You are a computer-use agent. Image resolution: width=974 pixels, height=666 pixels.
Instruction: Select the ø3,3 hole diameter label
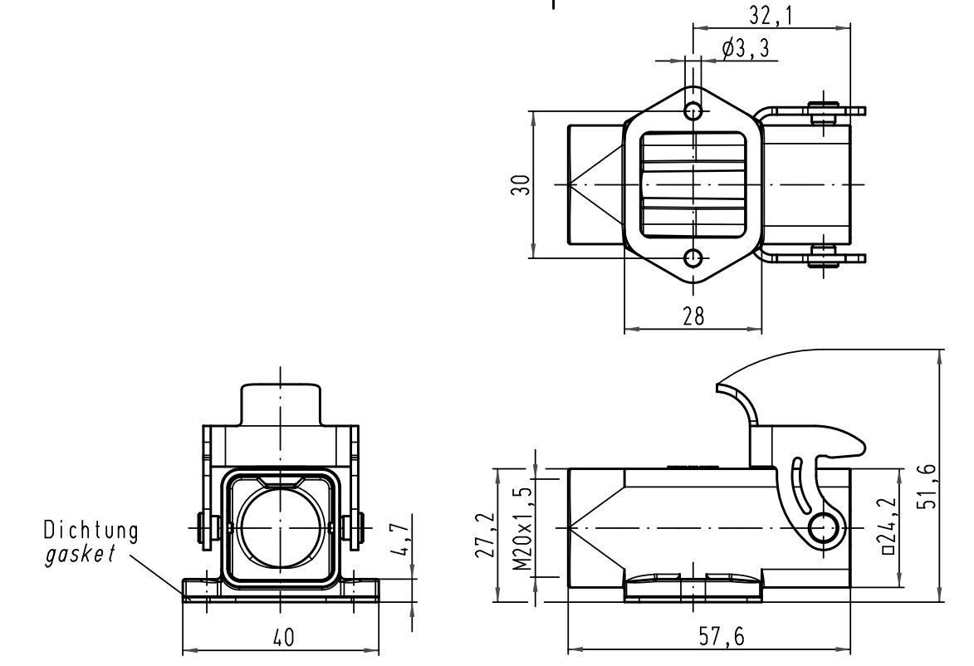coord(744,50)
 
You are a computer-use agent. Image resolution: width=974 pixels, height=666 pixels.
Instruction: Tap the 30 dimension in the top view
coord(521,184)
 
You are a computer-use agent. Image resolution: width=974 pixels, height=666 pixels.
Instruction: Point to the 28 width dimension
coord(693,316)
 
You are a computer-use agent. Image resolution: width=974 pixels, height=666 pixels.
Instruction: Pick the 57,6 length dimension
coord(720,638)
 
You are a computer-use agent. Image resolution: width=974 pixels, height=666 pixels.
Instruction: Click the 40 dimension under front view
coord(283,638)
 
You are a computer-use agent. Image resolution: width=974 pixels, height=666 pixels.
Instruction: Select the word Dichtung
coord(91,530)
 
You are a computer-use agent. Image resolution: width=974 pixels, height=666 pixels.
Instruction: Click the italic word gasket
coord(79,554)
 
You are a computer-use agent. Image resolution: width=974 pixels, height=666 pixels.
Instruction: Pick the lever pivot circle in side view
coord(824,526)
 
